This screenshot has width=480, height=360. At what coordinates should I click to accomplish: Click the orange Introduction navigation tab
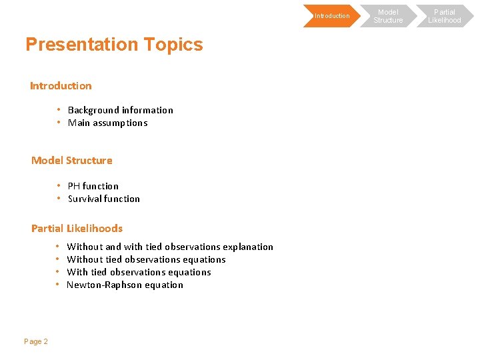click(x=331, y=16)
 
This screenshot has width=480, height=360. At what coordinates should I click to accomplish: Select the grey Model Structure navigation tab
click(x=388, y=16)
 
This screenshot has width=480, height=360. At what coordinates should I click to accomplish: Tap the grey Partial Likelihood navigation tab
click(x=445, y=16)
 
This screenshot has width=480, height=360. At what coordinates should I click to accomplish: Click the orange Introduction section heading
click(x=61, y=86)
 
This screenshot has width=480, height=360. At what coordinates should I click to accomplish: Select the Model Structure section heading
click(x=72, y=161)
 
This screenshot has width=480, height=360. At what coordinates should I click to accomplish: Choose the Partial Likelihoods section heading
click(x=77, y=229)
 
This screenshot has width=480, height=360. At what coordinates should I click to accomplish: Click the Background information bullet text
click(x=120, y=110)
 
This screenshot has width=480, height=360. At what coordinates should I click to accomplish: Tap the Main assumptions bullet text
click(x=107, y=123)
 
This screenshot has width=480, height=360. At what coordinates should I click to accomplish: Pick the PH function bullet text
click(x=93, y=186)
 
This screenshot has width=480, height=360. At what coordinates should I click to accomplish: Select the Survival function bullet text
click(x=103, y=199)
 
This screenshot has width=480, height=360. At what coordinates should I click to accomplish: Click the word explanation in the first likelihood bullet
click(x=248, y=247)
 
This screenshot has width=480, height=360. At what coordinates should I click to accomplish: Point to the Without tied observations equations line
click(x=146, y=259)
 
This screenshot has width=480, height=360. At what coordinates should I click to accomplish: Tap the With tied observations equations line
click(x=139, y=272)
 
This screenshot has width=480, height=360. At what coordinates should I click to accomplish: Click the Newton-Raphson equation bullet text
click(x=125, y=285)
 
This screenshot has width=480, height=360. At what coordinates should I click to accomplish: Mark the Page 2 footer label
click(x=36, y=341)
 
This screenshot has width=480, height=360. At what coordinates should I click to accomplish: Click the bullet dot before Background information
click(x=59, y=109)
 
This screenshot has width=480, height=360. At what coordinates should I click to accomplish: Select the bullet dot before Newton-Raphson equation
click(x=58, y=285)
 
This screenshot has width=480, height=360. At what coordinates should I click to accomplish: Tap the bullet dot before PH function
click(x=59, y=185)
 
